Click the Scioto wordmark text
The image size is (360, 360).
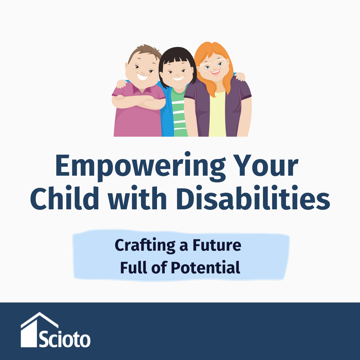(x=65, y=339)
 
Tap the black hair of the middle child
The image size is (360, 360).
(x=177, y=57)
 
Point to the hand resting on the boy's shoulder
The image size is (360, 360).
(x=122, y=83)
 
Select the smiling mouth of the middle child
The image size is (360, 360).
(x=178, y=79)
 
